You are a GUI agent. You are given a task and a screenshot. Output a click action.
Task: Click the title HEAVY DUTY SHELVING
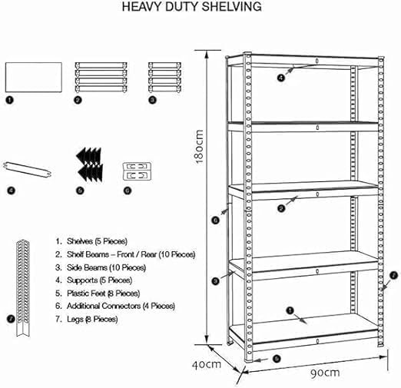[191, 7]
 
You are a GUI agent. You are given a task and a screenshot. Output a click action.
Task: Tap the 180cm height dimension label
[199, 147]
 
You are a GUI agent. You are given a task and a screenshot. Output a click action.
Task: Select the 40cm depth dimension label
[207, 364]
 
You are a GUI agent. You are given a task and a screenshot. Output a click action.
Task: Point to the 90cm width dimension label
[325, 373]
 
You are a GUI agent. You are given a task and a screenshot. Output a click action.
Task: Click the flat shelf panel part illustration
[34, 77]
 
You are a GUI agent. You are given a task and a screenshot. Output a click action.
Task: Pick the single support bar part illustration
[28, 170]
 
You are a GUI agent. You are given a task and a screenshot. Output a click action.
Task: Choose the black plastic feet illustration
[90, 164]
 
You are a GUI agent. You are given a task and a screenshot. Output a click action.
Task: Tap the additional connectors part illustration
[137, 171]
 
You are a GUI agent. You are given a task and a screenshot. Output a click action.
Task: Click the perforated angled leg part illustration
[23, 288]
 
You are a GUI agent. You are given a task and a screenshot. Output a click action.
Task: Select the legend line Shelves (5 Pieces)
[91, 241]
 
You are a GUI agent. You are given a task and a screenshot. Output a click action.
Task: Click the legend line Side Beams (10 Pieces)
[101, 267]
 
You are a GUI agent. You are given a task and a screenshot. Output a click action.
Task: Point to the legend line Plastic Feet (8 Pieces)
[98, 293]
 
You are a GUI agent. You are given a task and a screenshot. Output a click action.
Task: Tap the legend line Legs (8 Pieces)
[87, 319]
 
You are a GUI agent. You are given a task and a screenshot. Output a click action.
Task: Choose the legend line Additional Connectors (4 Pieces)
[115, 306]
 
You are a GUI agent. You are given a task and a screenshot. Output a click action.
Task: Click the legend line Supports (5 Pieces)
[94, 280]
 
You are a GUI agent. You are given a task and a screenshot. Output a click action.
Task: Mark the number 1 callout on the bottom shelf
[290, 310]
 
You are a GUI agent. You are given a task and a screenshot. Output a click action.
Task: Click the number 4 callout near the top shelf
[281, 78]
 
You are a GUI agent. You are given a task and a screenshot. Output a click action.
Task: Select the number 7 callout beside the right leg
[393, 275]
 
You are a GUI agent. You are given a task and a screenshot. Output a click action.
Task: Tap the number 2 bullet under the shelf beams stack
[78, 100]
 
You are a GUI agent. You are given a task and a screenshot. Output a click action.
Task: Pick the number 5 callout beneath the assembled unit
[277, 359]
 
